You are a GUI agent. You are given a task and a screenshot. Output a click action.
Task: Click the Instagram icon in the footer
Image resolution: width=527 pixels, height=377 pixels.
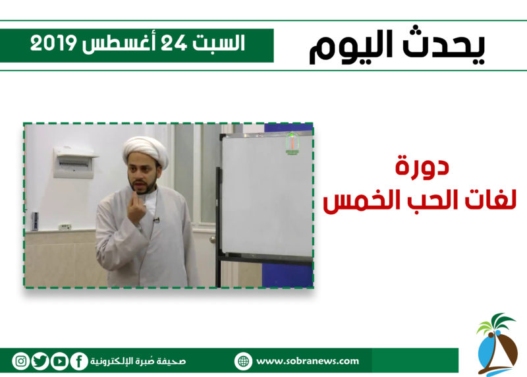(x=21, y=361)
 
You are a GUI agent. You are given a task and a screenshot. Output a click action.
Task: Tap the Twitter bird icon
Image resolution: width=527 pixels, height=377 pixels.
(x=40, y=361)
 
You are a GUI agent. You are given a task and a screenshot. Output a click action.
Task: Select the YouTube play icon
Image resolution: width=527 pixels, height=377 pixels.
(x=60, y=361)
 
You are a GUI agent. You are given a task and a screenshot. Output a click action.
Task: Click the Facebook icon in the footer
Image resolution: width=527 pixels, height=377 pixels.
(x=79, y=361)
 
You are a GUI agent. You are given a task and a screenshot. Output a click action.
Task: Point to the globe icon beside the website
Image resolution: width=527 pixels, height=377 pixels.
(x=243, y=362)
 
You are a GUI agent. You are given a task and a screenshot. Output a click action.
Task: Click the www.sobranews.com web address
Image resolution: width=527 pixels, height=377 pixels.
(x=308, y=361)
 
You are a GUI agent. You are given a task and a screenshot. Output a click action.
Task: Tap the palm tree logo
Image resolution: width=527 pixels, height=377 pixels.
(x=497, y=345)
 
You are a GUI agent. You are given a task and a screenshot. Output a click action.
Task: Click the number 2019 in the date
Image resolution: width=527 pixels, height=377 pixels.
(x=53, y=43)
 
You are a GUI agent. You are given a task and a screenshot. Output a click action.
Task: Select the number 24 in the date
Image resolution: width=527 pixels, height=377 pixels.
(x=173, y=43)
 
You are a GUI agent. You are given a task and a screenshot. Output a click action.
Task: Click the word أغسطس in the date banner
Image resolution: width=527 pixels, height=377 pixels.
(x=119, y=43)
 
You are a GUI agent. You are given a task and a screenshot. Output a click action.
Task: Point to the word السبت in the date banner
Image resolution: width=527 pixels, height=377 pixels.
(x=219, y=43)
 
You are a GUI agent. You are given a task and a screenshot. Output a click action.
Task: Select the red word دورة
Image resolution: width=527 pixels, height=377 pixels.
(x=422, y=166)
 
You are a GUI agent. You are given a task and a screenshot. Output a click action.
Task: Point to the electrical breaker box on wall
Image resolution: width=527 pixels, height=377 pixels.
(x=74, y=163)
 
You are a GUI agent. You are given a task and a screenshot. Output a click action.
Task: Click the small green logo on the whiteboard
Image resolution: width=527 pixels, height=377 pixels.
(x=292, y=144)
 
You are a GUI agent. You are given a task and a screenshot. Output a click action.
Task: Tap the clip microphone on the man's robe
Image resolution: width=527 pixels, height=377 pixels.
(x=156, y=220)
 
